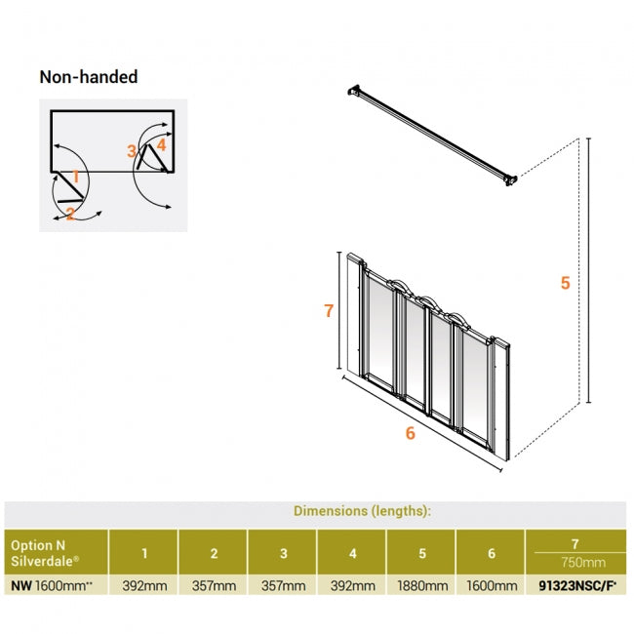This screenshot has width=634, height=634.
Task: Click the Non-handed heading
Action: (88, 76)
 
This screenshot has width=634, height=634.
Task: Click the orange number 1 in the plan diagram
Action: (75, 178)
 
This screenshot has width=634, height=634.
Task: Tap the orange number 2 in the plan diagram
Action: (70, 213)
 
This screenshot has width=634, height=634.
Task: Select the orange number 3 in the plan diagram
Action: (132, 151)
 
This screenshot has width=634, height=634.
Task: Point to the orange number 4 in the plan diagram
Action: (161, 145)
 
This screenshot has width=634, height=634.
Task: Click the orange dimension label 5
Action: (565, 284)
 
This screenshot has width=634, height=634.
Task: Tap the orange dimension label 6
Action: (410, 433)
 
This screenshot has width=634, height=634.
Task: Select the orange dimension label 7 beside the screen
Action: (329, 311)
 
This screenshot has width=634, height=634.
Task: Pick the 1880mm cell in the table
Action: (421, 586)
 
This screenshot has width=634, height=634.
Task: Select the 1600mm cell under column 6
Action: (491, 586)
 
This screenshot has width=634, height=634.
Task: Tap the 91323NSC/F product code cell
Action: (575, 586)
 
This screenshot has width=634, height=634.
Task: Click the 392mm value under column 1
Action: (143, 586)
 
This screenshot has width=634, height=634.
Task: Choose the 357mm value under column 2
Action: (213, 586)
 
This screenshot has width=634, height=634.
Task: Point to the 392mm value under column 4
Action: (352, 586)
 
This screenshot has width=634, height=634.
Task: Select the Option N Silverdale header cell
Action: (49, 553)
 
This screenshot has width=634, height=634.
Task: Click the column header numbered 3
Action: (283, 553)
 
